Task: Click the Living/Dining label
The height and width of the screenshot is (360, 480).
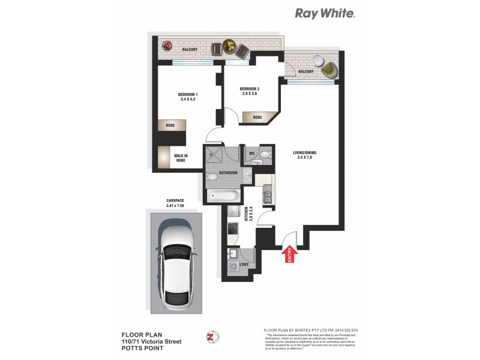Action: [304, 155]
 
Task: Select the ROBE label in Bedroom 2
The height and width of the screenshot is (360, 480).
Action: [256, 118]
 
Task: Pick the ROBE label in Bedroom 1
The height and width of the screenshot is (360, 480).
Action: [170, 125]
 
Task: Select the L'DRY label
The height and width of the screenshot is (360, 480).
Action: [245, 263]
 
